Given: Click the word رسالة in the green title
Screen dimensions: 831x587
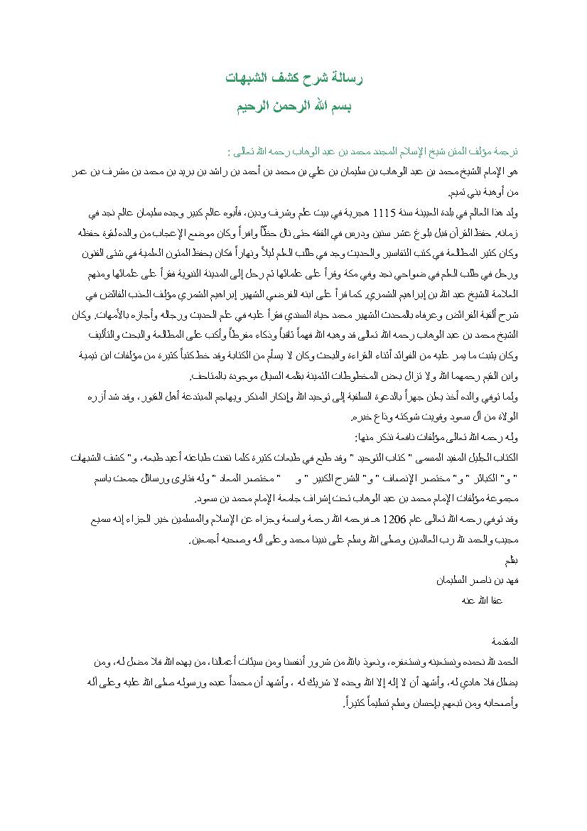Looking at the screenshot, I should click(x=346, y=78).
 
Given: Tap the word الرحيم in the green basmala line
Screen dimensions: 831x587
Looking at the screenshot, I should click(x=255, y=107).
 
